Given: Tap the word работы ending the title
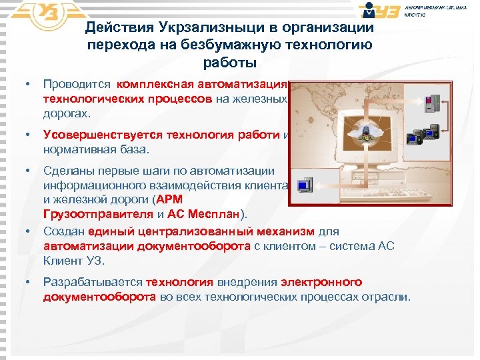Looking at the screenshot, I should tap(229, 63).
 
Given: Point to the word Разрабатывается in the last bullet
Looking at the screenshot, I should tap(93, 282).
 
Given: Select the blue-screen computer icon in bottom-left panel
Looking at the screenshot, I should tap(304, 184).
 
